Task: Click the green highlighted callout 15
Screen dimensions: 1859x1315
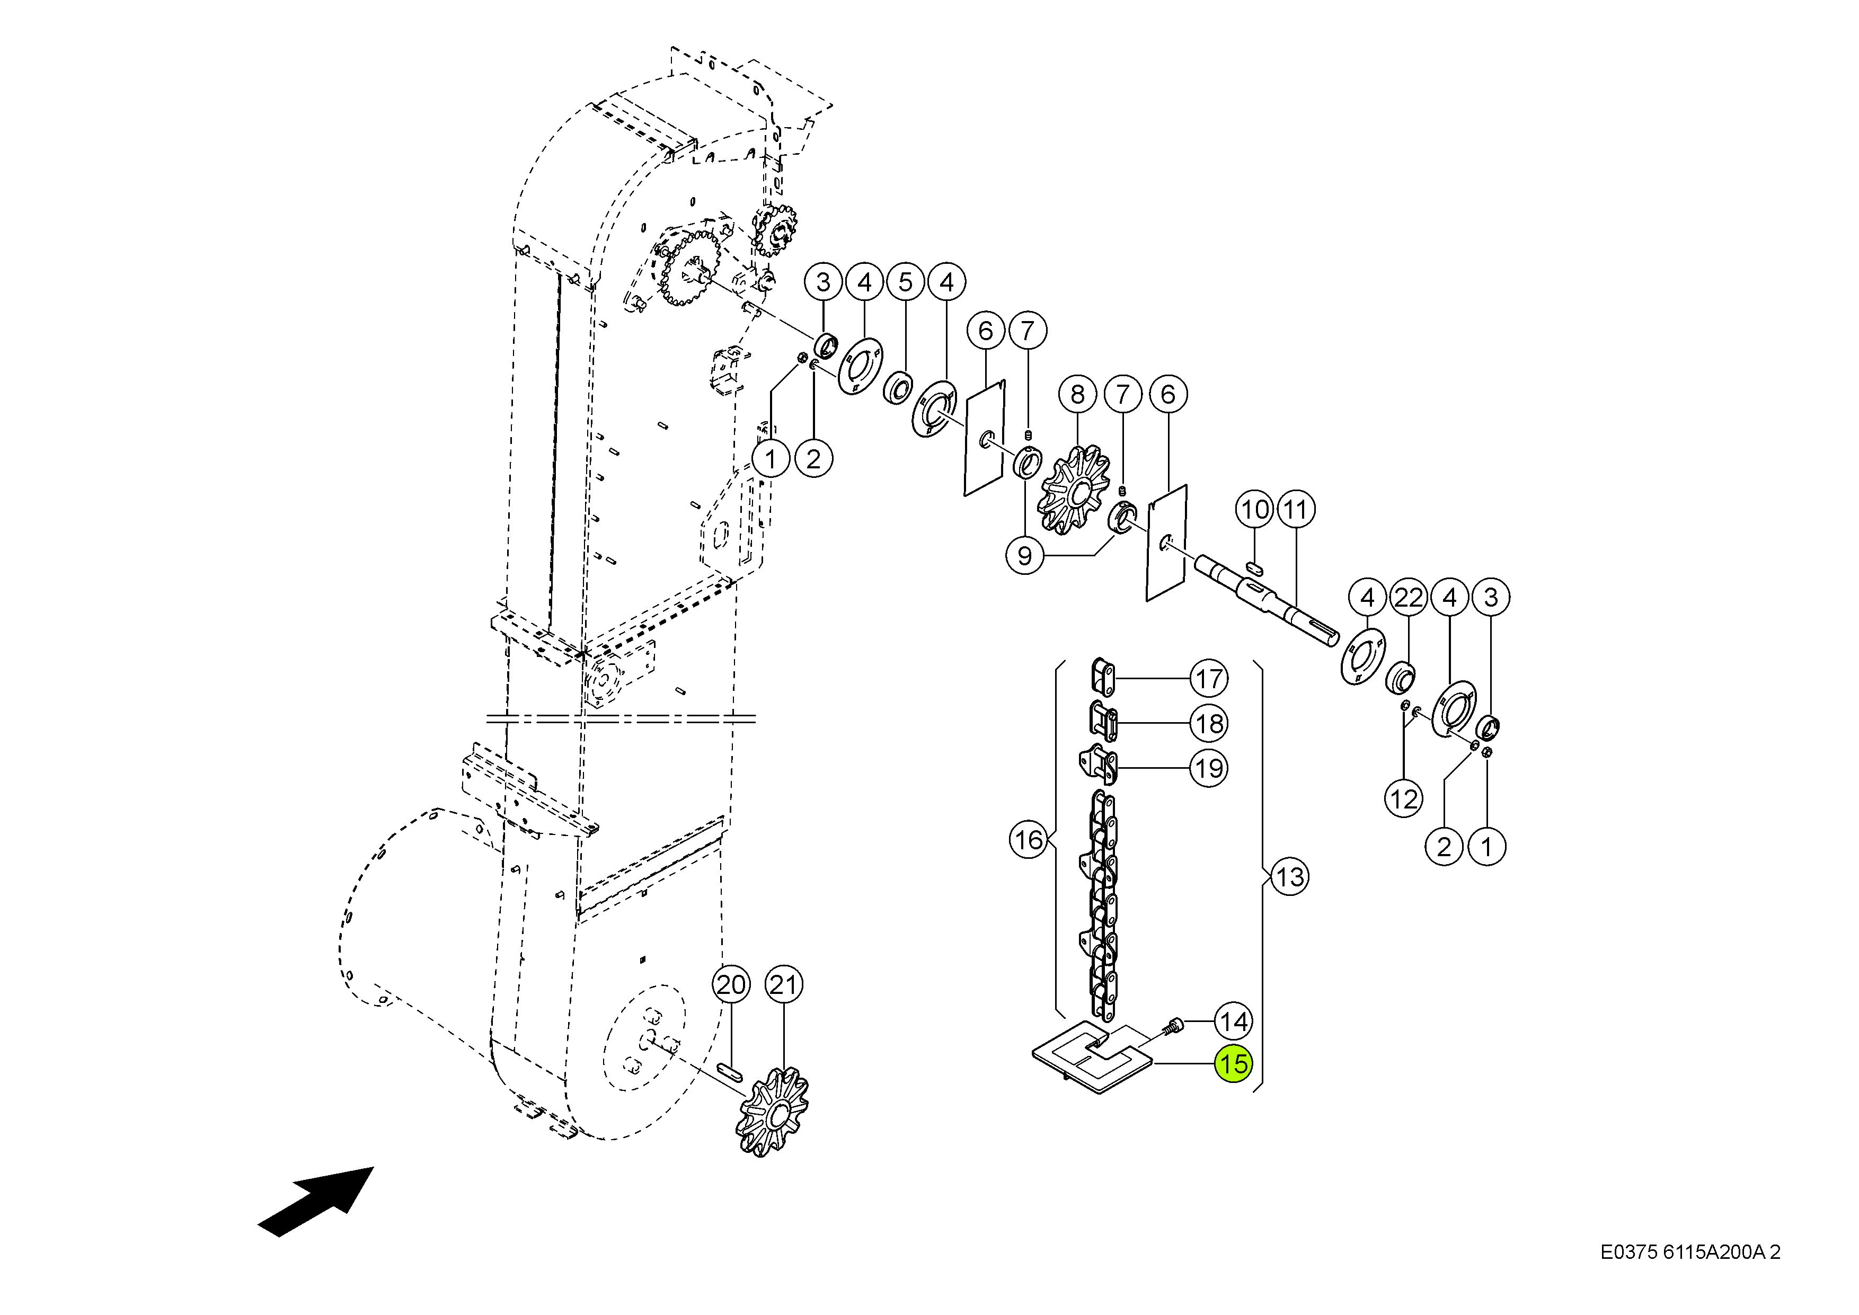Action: (x=1234, y=1063)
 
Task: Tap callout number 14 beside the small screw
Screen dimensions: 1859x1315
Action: (x=1234, y=1022)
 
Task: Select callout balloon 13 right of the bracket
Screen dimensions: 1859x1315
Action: (x=1290, y=876)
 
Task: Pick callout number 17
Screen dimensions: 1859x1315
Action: (x=1209, y=679)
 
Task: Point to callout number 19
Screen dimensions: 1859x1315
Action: (x=1209, y=768)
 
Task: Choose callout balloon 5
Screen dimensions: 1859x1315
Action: (x=905, y=282)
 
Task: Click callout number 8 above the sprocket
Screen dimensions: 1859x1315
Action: (x=1077, y=394)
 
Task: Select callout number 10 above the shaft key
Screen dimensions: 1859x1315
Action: (x=1255, y=509)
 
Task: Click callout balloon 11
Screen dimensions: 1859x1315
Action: (x=1296, y=509)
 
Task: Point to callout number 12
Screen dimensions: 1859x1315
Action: (x=1404, y=799)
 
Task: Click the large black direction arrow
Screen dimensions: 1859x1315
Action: (x=316, y=1202)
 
